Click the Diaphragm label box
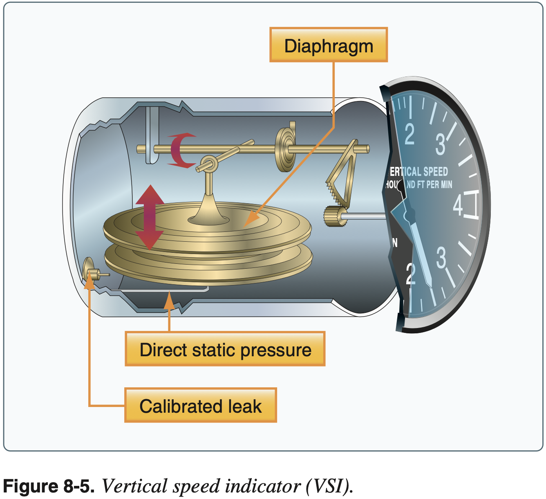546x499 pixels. point(329,45)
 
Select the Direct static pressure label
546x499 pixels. point(225,350)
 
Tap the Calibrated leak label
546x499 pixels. point(201,406)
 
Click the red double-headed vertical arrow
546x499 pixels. point(150,217)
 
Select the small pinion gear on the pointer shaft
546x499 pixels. point(336,216)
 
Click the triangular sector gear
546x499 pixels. point(342,176)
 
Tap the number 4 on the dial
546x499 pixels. point(458,205)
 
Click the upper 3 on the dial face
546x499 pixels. point(440,144)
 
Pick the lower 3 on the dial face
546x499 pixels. point(441,257)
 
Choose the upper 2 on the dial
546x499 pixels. point(409,134)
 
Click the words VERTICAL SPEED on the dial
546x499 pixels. point(418,171)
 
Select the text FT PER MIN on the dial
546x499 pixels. point(434,184)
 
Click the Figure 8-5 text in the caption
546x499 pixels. point(49,486)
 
